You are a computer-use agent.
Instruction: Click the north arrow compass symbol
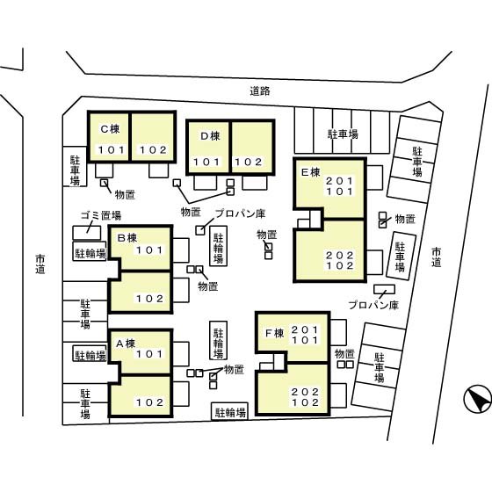(478, 400)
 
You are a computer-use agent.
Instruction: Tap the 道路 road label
(260, 91)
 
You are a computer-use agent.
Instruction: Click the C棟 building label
(110, 129)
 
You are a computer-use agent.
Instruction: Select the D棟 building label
(210, 136)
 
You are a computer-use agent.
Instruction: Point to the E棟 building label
(310, 172)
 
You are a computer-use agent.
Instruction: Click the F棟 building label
(274, 333)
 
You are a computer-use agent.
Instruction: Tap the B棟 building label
(127, 238)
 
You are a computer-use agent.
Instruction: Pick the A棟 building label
(126, 344)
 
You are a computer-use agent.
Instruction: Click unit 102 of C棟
(153, 150)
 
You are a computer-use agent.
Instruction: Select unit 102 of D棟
(249, 162)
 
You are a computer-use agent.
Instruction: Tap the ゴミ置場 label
(101, 215)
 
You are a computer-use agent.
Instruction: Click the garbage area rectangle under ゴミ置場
(87, 233)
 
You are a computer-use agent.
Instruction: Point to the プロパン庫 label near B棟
(241, 213)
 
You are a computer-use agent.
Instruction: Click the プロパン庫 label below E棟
(373, 305)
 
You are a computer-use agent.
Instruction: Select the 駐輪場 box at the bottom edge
(230, 412)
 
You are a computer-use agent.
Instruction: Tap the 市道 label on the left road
(40, 264)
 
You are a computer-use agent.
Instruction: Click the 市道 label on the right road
(436, 257)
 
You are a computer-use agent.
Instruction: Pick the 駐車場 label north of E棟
(343, 134)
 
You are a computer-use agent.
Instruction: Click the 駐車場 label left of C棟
(75, 170)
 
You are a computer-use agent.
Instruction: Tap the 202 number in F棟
(305, 392)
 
